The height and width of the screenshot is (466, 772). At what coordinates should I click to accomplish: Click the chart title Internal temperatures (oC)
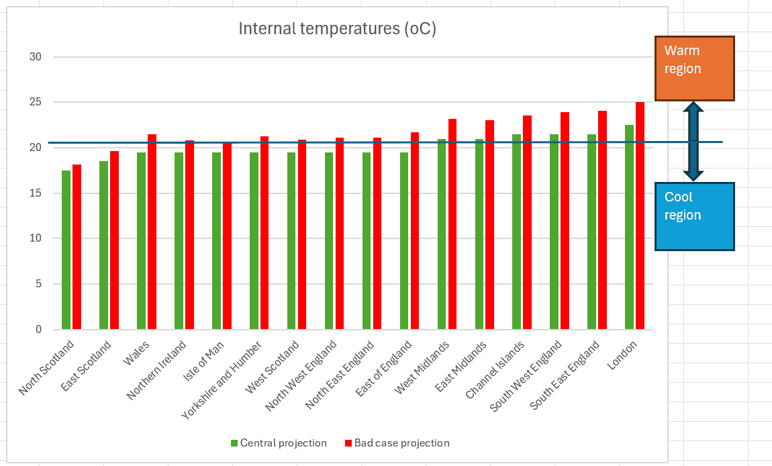point(337,29)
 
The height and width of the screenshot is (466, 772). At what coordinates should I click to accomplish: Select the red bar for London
point(640,216)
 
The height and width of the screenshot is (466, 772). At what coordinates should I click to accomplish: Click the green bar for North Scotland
point(66,250)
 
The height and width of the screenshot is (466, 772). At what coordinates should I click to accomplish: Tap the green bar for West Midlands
point(442,234)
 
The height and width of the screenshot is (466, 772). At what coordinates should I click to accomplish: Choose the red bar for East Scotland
point(114,240)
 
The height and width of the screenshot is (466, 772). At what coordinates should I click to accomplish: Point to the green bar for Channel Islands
point(516,232)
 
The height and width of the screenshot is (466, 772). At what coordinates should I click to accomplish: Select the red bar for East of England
point(415,230)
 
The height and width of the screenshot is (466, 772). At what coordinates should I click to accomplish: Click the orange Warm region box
point(695,68)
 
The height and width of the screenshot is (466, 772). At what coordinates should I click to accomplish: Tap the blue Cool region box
point(695,216)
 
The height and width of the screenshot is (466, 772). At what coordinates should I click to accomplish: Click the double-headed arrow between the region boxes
point(693,142)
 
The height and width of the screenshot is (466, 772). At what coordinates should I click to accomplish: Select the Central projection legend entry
point(279,443)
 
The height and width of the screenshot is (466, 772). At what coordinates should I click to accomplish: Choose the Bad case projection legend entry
point(397,443)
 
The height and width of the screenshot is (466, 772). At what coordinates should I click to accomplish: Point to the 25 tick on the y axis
point(36,102)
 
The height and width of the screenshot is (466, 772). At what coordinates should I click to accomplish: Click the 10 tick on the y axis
point(36,238)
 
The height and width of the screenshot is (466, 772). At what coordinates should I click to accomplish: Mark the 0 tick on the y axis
point(38,330)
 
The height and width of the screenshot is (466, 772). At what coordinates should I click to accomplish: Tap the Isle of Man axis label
point(203,361)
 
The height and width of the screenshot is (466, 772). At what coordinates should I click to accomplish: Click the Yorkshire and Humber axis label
point(221,380)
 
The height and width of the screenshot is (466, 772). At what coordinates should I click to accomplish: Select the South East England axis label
point(565,375)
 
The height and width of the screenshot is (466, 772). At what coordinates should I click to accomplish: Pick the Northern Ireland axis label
point(156,370)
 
